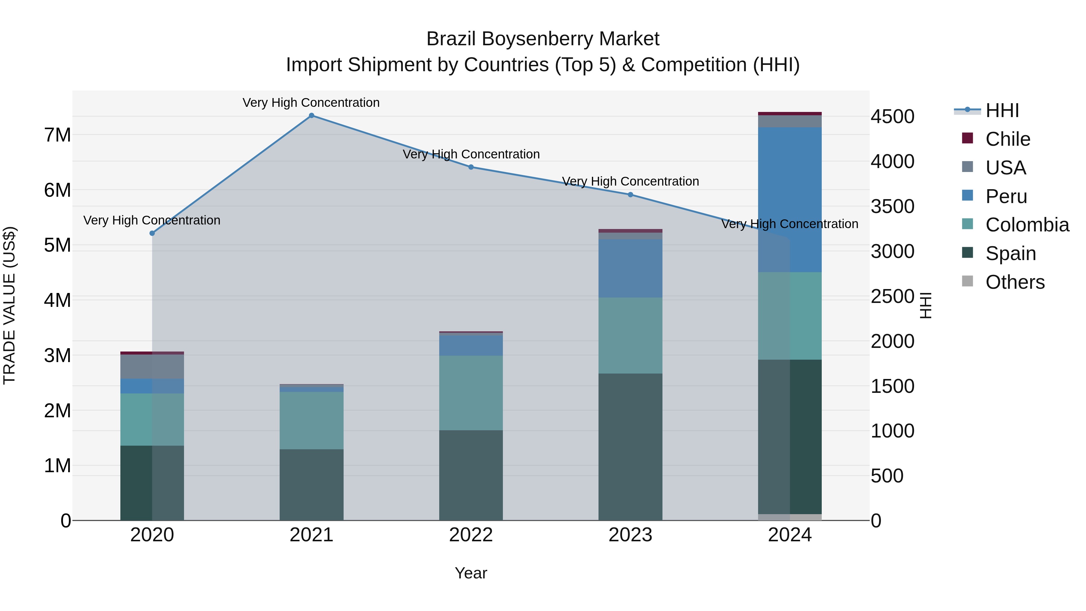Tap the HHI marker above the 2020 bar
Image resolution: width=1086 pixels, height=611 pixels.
click(152, 233)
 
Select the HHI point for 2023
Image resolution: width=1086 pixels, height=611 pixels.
click(630, 195)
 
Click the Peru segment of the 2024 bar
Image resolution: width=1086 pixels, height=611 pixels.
click(790, 199)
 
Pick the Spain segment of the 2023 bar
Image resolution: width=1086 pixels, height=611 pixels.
click(630, 447)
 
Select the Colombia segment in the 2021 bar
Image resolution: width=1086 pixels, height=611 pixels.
click(312, 420)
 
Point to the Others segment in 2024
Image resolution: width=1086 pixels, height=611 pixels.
click(790, 517)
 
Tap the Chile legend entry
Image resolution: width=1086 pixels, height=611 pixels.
click(1008, 139)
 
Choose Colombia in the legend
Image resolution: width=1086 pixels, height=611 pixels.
click(1027, 225)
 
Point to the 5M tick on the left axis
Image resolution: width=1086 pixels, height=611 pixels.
click(57, 245)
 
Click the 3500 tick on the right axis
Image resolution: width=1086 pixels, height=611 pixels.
click(893, 207)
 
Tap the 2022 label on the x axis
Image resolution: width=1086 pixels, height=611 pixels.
click(471, 535)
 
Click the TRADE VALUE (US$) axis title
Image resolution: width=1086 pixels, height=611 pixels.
click(9, 305)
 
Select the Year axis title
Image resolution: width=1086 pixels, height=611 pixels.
click(471, 573)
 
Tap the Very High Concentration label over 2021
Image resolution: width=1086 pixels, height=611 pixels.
click(311, 103)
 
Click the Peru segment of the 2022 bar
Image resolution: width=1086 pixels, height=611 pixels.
click(471, 345)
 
